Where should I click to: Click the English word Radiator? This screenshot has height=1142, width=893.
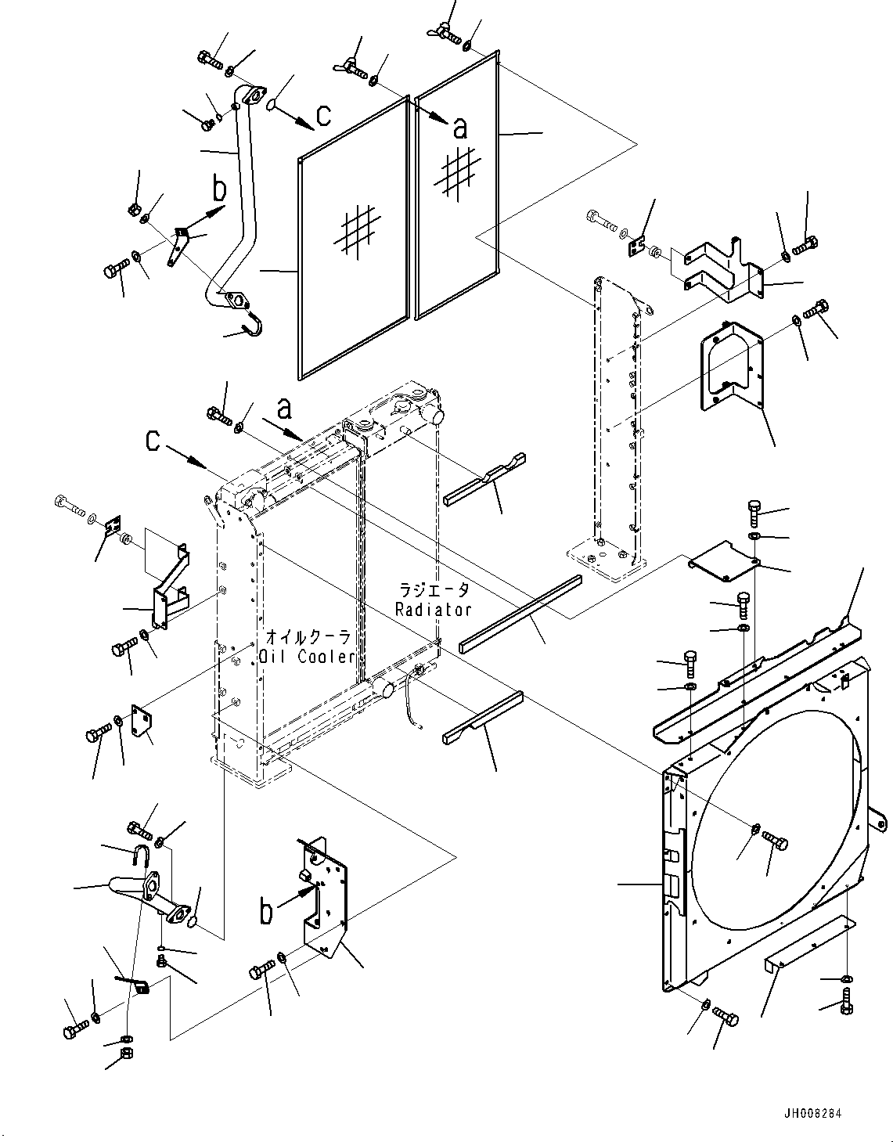coord(433,609)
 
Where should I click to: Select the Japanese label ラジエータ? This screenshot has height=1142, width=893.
coord(434,590)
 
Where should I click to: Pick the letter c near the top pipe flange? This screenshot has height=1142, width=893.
coord(323,116)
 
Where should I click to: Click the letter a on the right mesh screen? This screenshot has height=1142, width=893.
coord(460,127)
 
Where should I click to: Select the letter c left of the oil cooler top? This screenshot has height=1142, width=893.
coord(153,441)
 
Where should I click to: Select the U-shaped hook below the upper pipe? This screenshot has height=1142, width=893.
coord(253,326)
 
